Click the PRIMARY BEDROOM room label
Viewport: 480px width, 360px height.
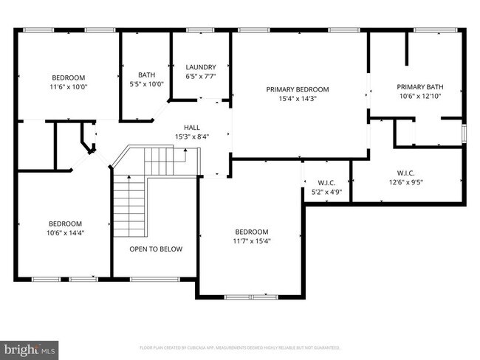tap(298, 89)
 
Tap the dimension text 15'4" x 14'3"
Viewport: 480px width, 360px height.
tap(298, 99)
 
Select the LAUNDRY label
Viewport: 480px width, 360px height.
tap(201, 66)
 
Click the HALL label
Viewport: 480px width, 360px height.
tap(191, 127)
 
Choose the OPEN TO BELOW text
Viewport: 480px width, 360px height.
tap(156, 249)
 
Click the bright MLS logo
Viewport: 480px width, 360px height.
tap(30, 347)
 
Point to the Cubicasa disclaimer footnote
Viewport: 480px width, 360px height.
tap(240, 347)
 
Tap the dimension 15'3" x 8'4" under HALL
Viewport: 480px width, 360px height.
tap(191, 136)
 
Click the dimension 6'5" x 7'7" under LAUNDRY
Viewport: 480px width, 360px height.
tap(201, 76)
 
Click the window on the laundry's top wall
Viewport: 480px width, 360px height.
tap(199, 30)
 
